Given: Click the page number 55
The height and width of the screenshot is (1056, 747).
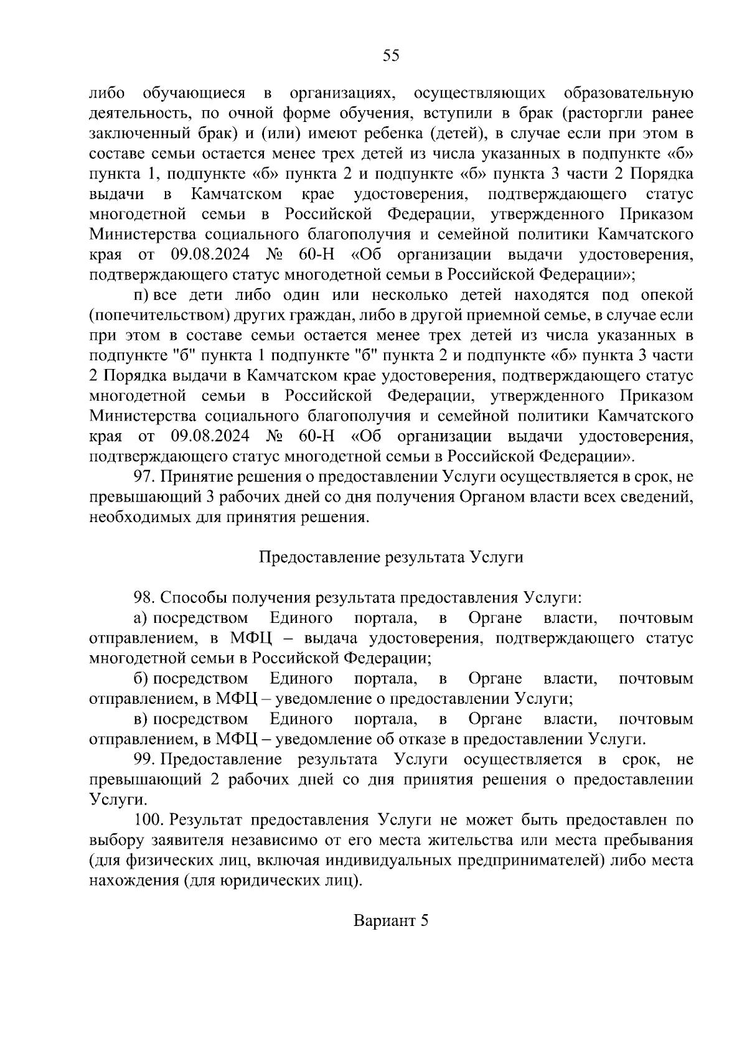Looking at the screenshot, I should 390,55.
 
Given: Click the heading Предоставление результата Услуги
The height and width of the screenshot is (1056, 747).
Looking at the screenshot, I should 391,557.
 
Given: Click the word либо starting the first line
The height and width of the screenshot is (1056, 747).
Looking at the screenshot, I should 107,93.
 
